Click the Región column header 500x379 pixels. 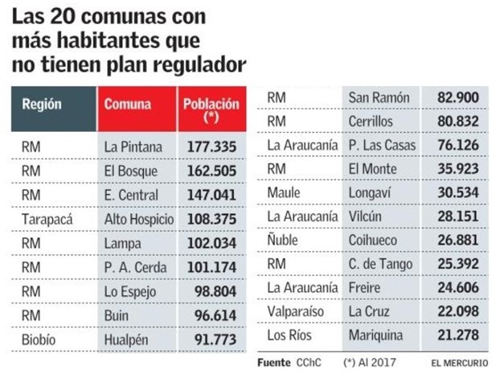click(42, 105)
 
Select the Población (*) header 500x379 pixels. click(211, 110)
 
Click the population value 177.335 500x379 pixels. click(211, 147)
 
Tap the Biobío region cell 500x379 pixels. click(39, 340)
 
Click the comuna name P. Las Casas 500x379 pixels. click(382, 145)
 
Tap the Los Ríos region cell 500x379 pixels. click(290, 334)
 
